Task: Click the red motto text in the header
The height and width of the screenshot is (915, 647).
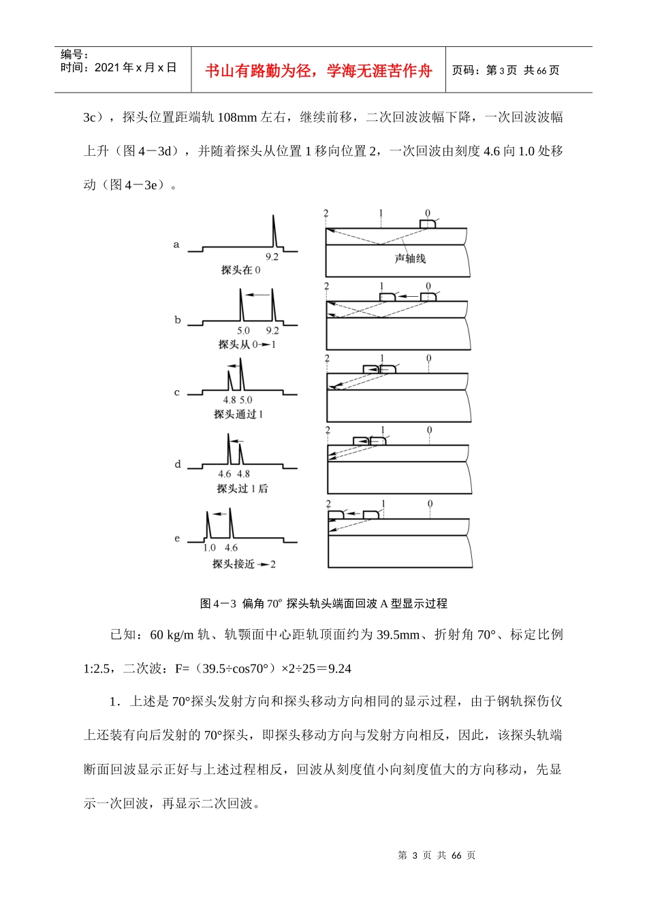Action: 318,71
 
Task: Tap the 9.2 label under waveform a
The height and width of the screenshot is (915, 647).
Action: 272,257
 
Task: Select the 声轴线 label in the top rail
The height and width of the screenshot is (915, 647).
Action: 410,259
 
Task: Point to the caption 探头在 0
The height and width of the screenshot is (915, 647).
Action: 240,270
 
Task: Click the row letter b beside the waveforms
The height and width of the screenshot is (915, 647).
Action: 178,320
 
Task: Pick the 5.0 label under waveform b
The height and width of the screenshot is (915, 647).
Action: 243,331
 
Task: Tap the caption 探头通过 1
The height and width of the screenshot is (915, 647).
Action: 238,414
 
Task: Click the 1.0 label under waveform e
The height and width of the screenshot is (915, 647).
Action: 210,548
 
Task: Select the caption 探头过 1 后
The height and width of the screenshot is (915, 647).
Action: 242,489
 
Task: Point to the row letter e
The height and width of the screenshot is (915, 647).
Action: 178,539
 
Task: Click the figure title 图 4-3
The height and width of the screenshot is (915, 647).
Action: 323,603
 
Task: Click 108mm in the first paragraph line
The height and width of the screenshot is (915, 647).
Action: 237,117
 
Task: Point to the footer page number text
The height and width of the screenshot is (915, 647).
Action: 437,856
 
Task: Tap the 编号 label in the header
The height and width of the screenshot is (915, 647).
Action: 74,54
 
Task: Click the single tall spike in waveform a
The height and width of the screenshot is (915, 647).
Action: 274,231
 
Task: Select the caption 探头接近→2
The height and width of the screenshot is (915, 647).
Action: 244,564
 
